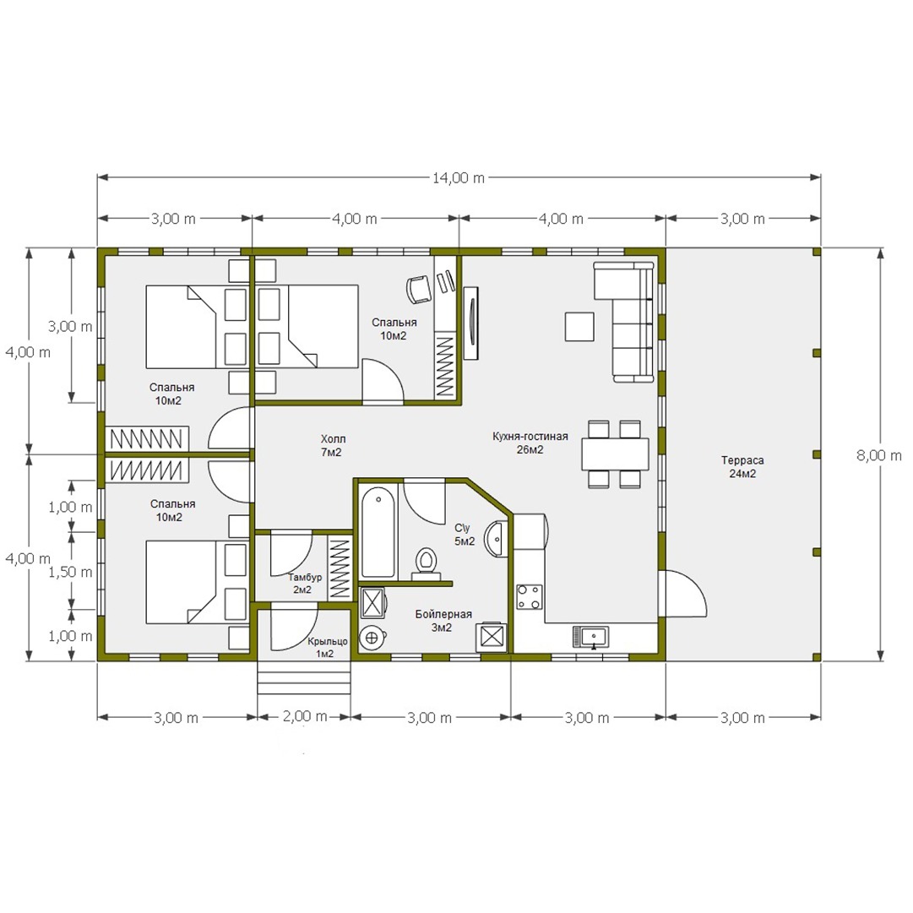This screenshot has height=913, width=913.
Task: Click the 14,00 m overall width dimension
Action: point(459,177)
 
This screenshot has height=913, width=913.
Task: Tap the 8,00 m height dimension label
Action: point(878,455)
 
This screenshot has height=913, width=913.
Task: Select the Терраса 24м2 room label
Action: point(742,466)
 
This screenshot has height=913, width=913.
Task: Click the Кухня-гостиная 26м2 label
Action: point(530,443)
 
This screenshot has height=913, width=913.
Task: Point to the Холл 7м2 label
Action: point(332,445)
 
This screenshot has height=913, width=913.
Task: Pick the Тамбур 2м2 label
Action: point(305,584)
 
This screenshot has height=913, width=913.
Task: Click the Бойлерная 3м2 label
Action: point(443,620)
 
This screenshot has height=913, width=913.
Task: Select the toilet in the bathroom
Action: point(427,563)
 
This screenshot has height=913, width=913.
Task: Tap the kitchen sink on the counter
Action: point(590,637)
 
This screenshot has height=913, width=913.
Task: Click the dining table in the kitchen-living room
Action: point(615,454)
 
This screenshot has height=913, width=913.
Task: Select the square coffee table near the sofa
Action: point(579,326)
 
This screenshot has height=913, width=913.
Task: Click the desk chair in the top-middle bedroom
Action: point(417,288)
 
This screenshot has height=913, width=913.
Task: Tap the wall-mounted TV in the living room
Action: point(470,323)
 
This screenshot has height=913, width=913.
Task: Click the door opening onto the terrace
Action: point(682,594)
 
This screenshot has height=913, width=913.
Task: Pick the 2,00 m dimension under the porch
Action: point(305,716)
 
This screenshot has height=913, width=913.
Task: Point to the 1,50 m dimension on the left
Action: point(70,571)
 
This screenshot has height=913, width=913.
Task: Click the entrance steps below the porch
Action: point(305,677)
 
